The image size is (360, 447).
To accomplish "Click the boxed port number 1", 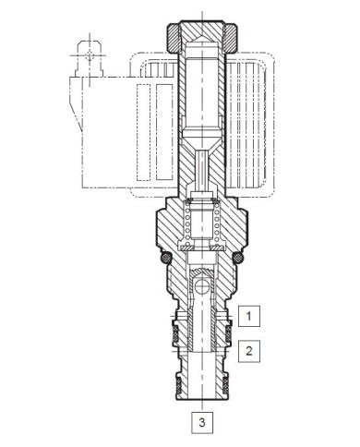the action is [x=249, y=316].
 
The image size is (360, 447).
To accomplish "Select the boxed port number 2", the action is [x=249, y=349].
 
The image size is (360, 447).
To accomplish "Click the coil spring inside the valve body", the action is [x=202, y=222].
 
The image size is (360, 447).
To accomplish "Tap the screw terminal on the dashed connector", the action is [x=90, y=58].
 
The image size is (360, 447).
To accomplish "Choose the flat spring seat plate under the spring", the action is [x=202, y=247].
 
